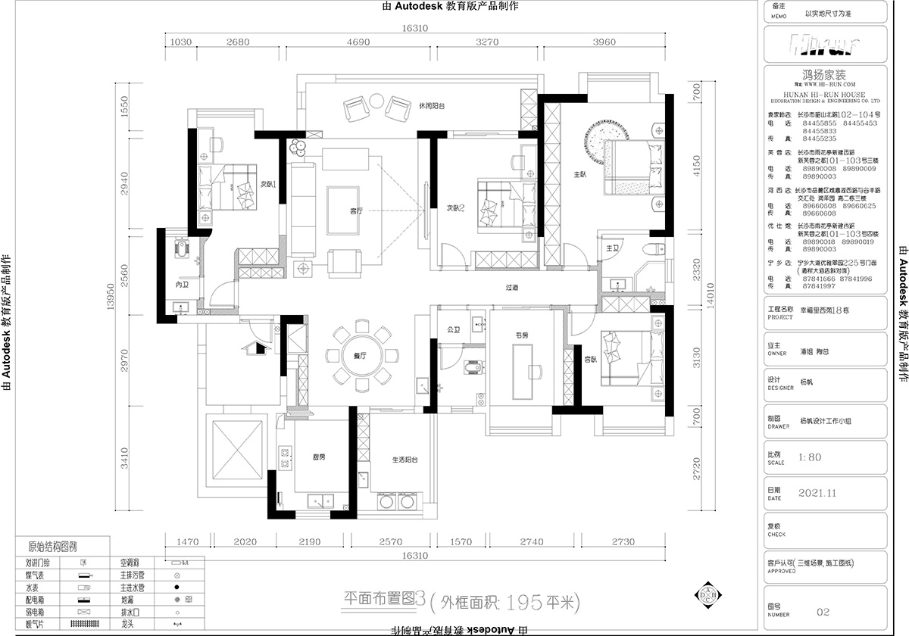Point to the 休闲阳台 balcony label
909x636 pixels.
click(431, 106)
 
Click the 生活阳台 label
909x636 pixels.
click(405, 460)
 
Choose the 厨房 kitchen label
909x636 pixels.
click(319, 457)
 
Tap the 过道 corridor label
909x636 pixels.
click(513, 287)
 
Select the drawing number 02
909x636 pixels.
click(824, 612)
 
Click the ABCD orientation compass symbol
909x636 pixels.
click(708, 597)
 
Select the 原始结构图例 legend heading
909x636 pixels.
click(52, 546)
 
